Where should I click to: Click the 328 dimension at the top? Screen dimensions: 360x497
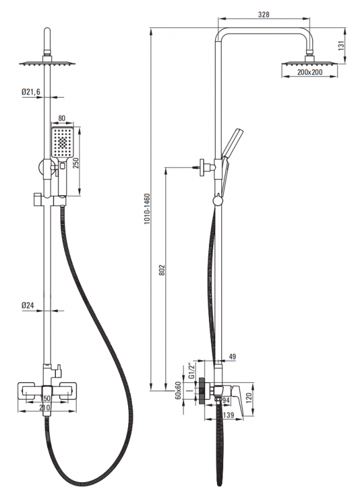264,14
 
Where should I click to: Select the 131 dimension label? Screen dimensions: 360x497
341,45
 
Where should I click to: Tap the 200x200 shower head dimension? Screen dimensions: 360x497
310,72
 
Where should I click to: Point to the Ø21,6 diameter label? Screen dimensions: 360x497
31,92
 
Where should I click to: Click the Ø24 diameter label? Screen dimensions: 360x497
27,305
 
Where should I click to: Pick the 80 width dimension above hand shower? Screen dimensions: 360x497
62,119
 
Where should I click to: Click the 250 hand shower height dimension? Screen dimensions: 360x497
76,163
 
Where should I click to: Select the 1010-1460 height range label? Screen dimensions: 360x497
147,209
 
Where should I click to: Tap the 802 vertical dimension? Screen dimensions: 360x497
162,270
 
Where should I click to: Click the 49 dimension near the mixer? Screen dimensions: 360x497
232,357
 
